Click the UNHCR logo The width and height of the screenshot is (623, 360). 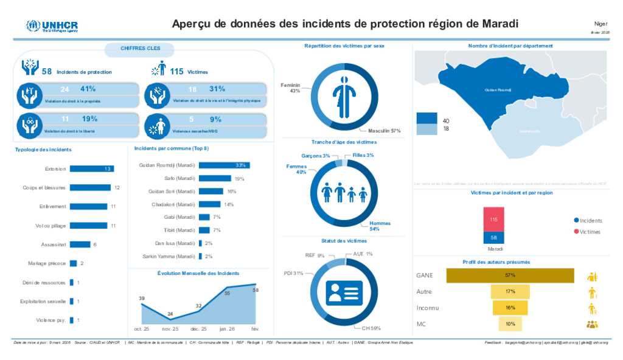[x=52, y=26]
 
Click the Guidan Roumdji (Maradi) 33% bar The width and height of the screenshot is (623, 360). [x=224, y=165]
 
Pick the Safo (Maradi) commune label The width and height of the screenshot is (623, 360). [x=179, y=178]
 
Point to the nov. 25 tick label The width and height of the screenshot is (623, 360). [x=170, y=329]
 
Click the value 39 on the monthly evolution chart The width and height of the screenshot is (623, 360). [x=142, y=299]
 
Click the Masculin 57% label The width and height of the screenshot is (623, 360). [x=384, y=131]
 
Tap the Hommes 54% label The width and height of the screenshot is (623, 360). [x=380, y=226]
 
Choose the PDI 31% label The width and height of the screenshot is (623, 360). [x=294, y=273]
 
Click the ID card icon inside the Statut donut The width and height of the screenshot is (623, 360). [x=344, y=292]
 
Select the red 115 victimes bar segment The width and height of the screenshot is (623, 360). [x=493, y=220]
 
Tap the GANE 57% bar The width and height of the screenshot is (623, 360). [x=510, y=275]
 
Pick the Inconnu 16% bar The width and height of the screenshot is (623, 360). [x=510, y=308]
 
